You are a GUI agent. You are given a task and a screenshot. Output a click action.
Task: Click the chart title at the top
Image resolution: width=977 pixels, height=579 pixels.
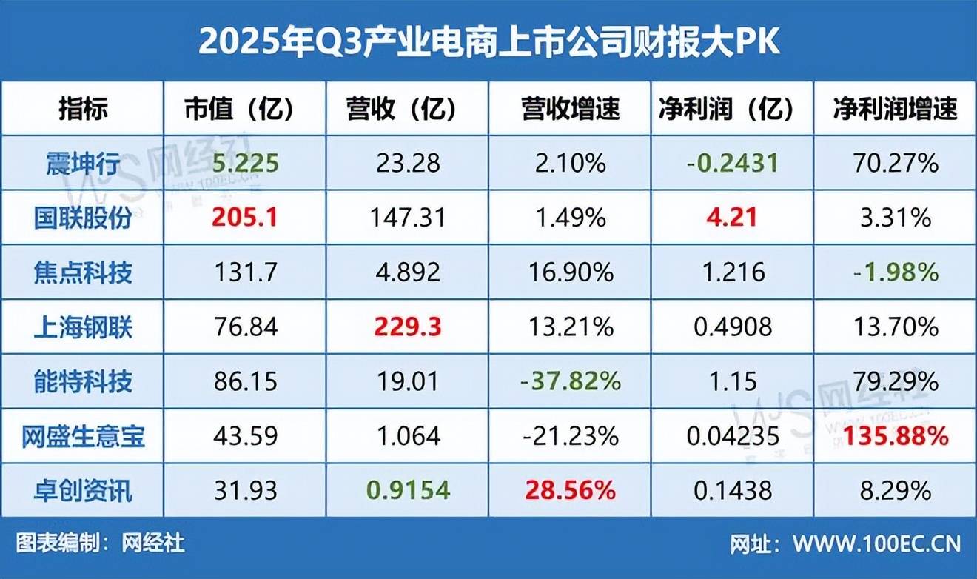(x=488, y=42)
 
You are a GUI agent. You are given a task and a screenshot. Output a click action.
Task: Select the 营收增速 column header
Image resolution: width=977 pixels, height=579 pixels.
(x=570, y=110)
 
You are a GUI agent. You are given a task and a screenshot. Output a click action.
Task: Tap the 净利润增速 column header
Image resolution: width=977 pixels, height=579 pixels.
(x=895, y=110)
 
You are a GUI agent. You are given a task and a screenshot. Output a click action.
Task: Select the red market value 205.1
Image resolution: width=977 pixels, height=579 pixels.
(x=244, y=218)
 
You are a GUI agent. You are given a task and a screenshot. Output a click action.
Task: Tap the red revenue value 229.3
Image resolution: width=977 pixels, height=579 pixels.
(x=407, y=327)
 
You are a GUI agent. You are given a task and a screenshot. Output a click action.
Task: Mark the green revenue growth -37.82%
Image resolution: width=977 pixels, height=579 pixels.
(x=570, y=382)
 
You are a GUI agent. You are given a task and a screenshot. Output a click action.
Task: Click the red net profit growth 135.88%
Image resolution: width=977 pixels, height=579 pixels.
(x=895, y=436)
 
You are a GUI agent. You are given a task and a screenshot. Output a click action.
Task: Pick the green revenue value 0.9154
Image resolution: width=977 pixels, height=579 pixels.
(x=407, y=490)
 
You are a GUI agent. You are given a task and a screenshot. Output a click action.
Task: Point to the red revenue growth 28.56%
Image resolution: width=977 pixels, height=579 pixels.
(x=570, y=490)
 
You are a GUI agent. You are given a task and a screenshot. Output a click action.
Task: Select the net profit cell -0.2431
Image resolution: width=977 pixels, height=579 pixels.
(x=732, y=164)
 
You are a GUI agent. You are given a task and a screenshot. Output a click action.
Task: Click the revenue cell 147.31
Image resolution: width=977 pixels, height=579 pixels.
(x=407, y=218)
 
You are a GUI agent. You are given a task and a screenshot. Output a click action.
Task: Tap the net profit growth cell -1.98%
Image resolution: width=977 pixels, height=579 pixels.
(x=895, y=272)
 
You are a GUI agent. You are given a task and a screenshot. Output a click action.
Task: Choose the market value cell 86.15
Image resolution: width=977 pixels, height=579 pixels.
(x=244, y=382)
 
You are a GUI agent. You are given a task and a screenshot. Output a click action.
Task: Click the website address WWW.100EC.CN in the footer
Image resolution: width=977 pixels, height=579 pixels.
(x=876, y=544)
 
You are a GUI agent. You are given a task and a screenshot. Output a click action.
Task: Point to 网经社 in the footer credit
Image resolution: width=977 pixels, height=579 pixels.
(x=153, y=544)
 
